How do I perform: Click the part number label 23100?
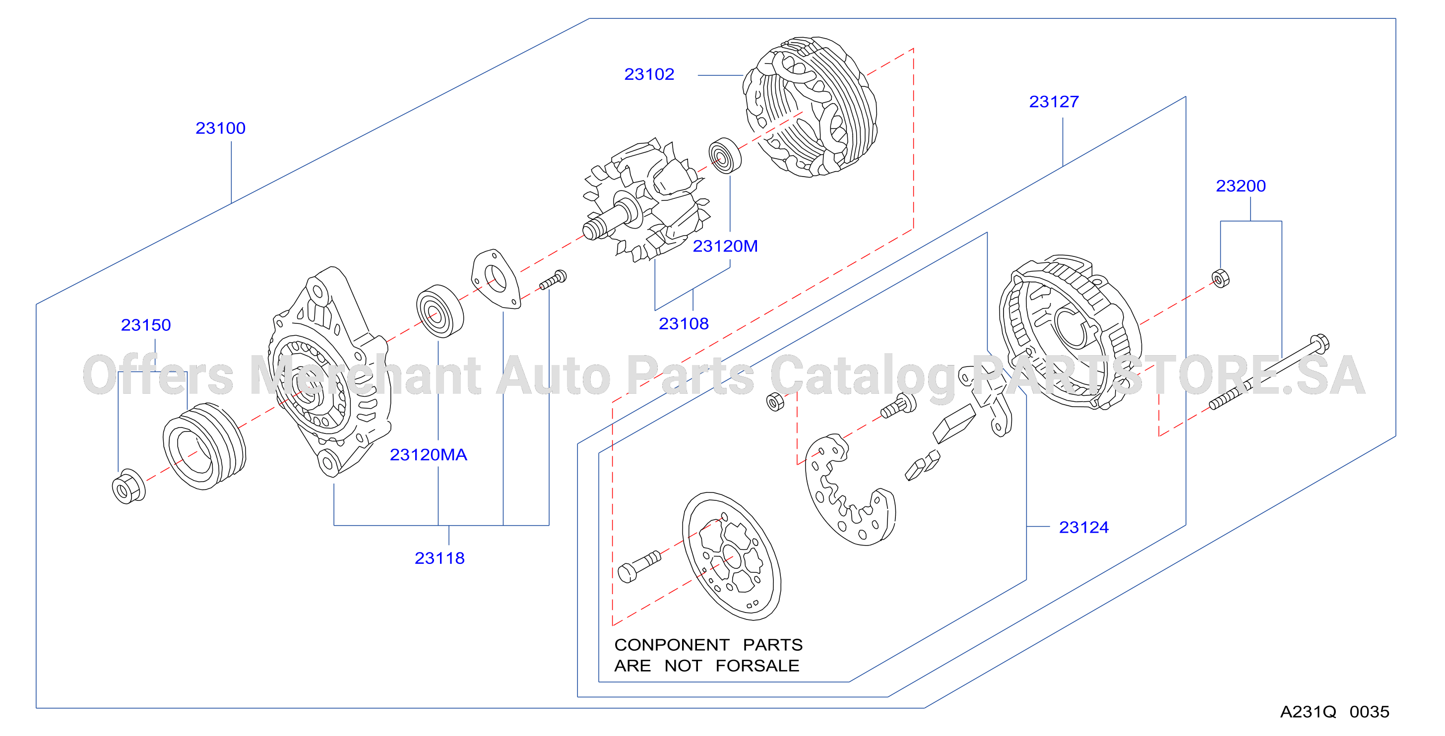pyautogui.click(x=220, y=128)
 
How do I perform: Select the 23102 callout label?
pyautogui.click(x=649, y=74)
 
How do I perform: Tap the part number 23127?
pyautogui.click(x=1054, y=102)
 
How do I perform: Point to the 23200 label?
pyautogui.click(x=1240, y=186)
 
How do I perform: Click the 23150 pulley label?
pyautogui.click(x=146, y=325)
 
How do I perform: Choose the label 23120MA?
pyautogui.click(x=428, y=455)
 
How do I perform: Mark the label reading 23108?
pyautogui.click(x=683, y=324)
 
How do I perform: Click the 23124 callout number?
pyautogui.click(x=1083, y=528)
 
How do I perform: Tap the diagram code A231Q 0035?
pyautogui.click(x=1334, y=712)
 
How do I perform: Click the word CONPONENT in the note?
pyautogui.click(x=672, y=645)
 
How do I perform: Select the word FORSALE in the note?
pyautogui.click(x=757, y=666)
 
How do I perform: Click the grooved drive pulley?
pyautogui.click(x=204, y=446)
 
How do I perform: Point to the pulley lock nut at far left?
pyautogui.click(x=128, y=487)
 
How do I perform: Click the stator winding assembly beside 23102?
pyautogui.click(x=810, y=107)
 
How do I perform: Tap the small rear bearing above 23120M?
pyautogui.click(x=725, y=156)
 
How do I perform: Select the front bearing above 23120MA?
pyautogui.click(x=440, y=311)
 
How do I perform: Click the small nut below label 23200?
pyautogui.click(x=1221, y=278)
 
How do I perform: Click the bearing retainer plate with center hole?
pyautogui.click(x=496, y=279)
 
